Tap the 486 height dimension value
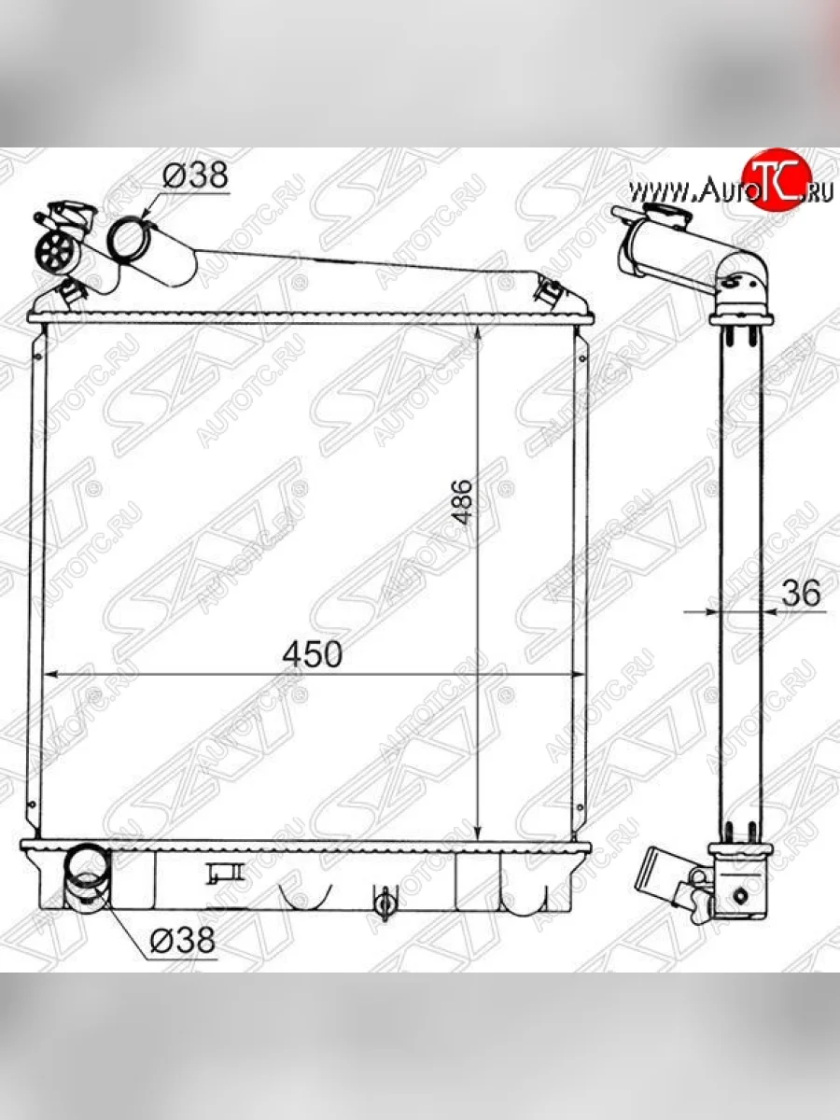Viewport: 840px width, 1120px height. [x=463, y=501]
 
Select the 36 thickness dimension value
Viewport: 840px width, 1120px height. [x=801, y=593]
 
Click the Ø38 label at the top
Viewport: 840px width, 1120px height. [x=195, y=175]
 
